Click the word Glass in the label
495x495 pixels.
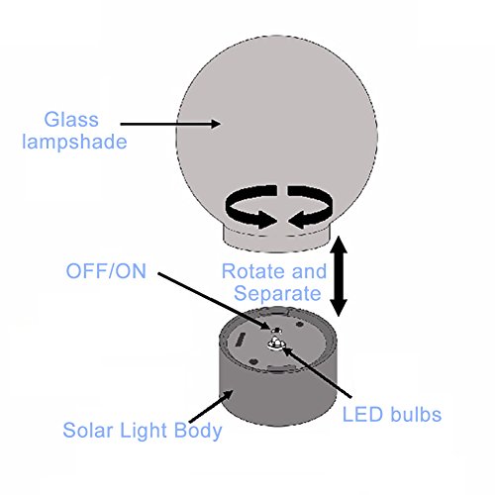coord(71,119)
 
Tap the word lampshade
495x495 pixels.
coord(74,142)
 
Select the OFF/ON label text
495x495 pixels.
coord(106,271)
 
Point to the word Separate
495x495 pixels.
coord(277,294)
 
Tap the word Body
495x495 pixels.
coord(198,431)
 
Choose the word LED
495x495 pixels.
coord(362,415)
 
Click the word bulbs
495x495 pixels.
coord(415,414)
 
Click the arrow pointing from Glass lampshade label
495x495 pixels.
coord(170,124)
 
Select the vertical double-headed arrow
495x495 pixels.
coord(340,276)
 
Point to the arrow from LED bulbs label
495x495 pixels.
coord(317,370)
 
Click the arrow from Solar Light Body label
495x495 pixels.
coord(211,406)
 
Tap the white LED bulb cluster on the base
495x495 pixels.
coord(276,344)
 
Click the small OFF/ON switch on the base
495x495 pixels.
coord(276,330)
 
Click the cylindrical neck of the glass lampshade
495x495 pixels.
coord(276,242)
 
